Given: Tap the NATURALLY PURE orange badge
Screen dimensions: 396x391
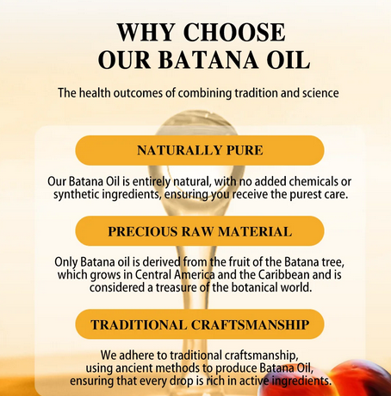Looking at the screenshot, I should (x=199, y=150).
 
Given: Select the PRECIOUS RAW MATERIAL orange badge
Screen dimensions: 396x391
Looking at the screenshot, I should (x=199, y=231).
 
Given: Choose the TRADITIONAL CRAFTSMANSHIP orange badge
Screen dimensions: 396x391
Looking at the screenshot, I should (x=199, y=324).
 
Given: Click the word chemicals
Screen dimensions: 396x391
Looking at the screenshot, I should (x=309, y=181).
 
